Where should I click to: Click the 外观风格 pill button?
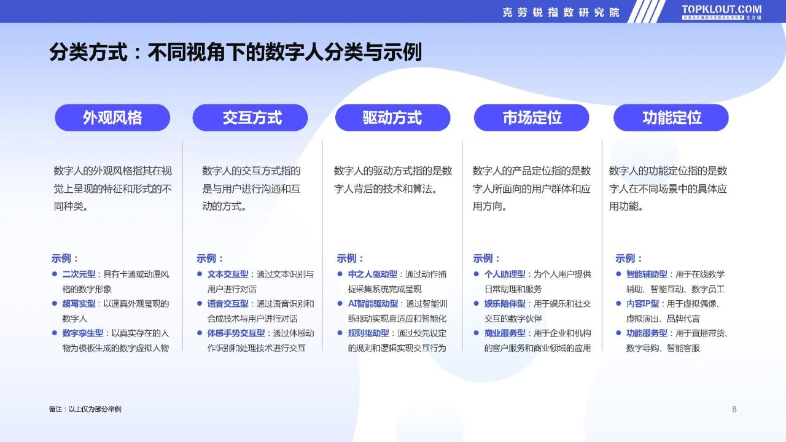pyautogui.click(x=112, y=117)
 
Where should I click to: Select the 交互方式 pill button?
pyautogui.click(x=250, y=117)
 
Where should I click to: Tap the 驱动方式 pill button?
pyautogui.click(x=392, y=117)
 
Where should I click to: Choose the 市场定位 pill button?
pyautogui.click(x=532, y=117)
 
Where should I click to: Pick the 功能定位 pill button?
pyautogui.click(x=671, y=117)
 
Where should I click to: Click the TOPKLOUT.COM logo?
pyautogui.click(x=722, y=12)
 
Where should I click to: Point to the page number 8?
pyautogui.click(x=734, y=409)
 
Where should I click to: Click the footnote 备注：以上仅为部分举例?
pyautogui.click(x=85, y=409)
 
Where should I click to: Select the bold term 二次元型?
pyautogui.click(x=79, y=274)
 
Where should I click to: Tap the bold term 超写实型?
pyautogui.click(x=79, y=304)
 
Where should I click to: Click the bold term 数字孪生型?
pyautogui.click(x=83, y=333)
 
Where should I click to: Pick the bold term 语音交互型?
pyautogui.click(x=228, y=304)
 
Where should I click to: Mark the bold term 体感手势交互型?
pyautogui.click(x=236, y=333)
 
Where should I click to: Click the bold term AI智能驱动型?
pyautogui.click(x=373, y=304)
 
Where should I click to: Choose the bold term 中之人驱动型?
pyautogui.click(x=373, y=274)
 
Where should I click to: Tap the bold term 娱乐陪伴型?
pyautogui.click(x=505, y=304)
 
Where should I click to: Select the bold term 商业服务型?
pyautogui.click(x=505, y=333)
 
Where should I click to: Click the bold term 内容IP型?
pyautogui.click(x=642, y=304)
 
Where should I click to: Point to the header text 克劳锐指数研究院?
pyautogui.click(x=561, y=13)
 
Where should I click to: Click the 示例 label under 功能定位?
pyautogui.click(x=628, y=258)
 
